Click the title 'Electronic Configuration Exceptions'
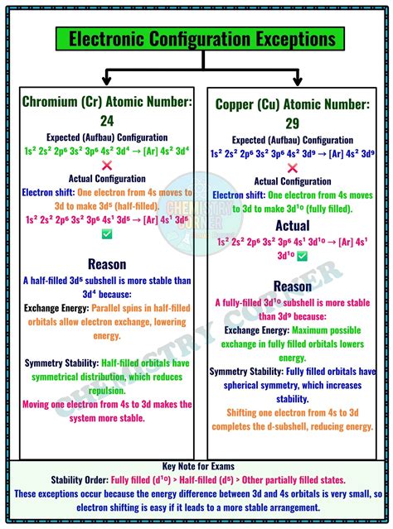[x=196, y=39]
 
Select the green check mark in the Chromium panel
[x=107, y=234]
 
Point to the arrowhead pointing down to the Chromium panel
[x=107, y=80]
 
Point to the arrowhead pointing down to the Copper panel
[x=296, y=80]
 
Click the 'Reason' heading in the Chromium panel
[x=107, y=264]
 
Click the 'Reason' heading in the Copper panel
[x=293, y=286]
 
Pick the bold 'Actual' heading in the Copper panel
[x=293, y=225]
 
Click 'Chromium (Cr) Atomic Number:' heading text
[x=107, y=102]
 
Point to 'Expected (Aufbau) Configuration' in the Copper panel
[x=293, y=140]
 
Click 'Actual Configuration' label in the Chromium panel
[x=107, y=179]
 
